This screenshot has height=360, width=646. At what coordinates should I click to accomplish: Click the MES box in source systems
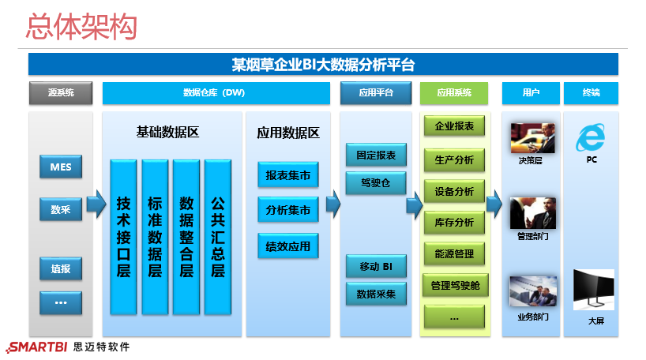(x=61, y=167)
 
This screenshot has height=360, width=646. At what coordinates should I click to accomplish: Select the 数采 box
(x=61, y=210)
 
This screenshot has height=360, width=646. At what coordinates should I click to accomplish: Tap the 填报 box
(x=61, y=269)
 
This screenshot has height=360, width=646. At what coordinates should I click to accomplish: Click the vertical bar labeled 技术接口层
(x=123, y=236)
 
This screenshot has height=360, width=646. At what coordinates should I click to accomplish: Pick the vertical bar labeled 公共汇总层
(x=217, y=236)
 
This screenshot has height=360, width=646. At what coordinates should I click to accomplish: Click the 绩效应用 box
(x=288, y=246)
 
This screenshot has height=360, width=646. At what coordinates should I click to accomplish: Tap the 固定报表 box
(x=376, y=155)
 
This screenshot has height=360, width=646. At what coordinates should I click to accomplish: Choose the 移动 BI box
(x=376, y=266)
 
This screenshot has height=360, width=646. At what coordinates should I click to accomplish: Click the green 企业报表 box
(x=454, y=126)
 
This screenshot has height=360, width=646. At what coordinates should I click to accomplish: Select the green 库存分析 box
(x=454, y=223)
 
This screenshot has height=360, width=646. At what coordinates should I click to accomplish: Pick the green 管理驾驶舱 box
(x=454, y=286)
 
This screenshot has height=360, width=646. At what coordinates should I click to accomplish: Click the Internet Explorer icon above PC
(x=591, y=137)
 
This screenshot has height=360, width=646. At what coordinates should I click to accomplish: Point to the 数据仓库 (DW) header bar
(x=215, y=93)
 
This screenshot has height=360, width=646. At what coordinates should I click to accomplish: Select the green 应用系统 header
(x=454, y=93)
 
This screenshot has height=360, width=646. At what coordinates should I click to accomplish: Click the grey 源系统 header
(x=61, y=93)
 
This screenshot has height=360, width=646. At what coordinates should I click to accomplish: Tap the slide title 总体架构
(x=81, y=27)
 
